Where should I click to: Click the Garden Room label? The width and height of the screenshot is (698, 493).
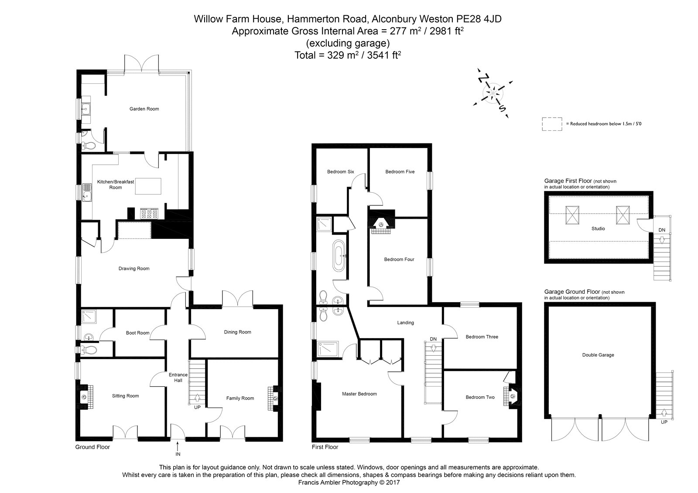tap(144, 109)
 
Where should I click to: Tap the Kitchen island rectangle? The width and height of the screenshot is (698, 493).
tap(148, 186)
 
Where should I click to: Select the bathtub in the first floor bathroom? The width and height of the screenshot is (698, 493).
tap(339, 256)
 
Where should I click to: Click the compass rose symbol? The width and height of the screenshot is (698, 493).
tap(493, 93)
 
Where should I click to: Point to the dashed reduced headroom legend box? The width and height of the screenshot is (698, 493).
tap(551, 124)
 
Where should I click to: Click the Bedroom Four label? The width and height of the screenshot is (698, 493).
tap(399, 259)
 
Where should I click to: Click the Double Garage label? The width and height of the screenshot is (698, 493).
tap(598, 355)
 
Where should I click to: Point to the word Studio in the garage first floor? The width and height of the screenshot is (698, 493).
tap(598, 228)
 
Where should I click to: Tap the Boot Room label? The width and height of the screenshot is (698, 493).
tap(137, 333)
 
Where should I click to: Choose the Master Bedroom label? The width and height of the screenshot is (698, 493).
tap(359, 394)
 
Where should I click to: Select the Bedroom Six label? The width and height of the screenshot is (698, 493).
tap(340, 172)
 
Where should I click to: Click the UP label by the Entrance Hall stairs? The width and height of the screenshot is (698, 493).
tap(197, 408)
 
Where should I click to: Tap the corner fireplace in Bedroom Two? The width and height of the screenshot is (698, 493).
tap(513, 397)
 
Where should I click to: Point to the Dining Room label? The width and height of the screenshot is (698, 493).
tap(237, 332)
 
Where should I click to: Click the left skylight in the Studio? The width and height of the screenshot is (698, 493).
tap(571, 215)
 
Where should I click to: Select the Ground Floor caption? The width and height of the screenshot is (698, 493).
tap(92, 447)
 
